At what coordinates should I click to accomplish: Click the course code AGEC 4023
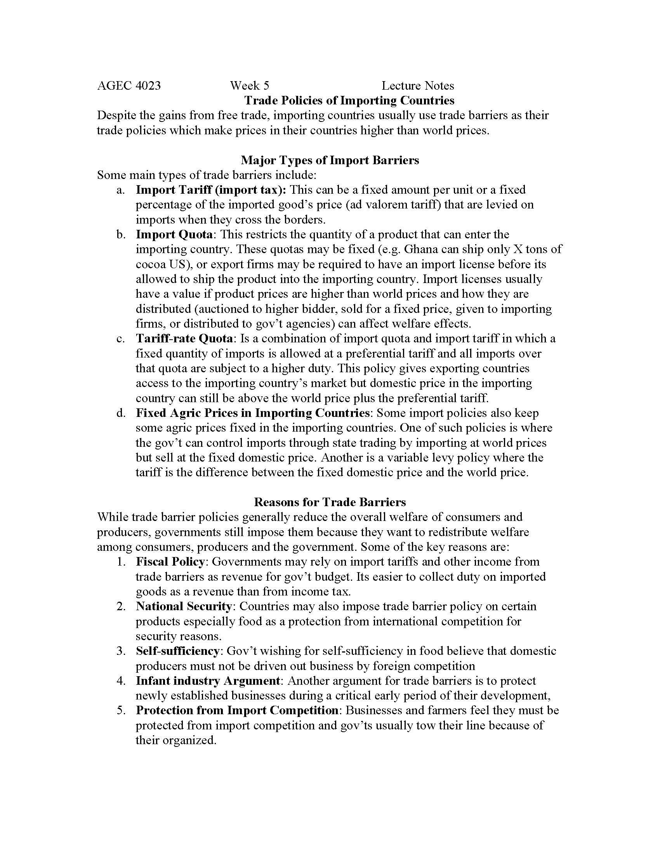(x=129, y=86)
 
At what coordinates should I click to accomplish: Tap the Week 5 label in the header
(x=250, y=86)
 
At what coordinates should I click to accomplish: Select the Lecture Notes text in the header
(x=418, y=86)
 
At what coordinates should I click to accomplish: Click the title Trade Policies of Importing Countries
(x=349, y=101)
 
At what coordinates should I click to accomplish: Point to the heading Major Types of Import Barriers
(x=330, y=160)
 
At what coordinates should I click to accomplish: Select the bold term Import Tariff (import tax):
(x=211, y=190)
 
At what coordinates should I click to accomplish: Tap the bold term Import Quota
(x=174, y=234)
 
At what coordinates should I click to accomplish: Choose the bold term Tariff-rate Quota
(x=184, y=338)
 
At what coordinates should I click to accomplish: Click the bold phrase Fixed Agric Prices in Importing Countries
(x=252, y=413)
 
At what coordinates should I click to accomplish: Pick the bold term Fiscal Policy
(x=170, y=562)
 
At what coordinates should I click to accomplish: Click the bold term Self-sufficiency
(x=177, y=651)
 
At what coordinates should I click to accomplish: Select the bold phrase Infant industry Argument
(x=208, y=681)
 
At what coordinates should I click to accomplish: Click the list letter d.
(x=120, y=413)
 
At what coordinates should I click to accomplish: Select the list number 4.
(x=120, y=681)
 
